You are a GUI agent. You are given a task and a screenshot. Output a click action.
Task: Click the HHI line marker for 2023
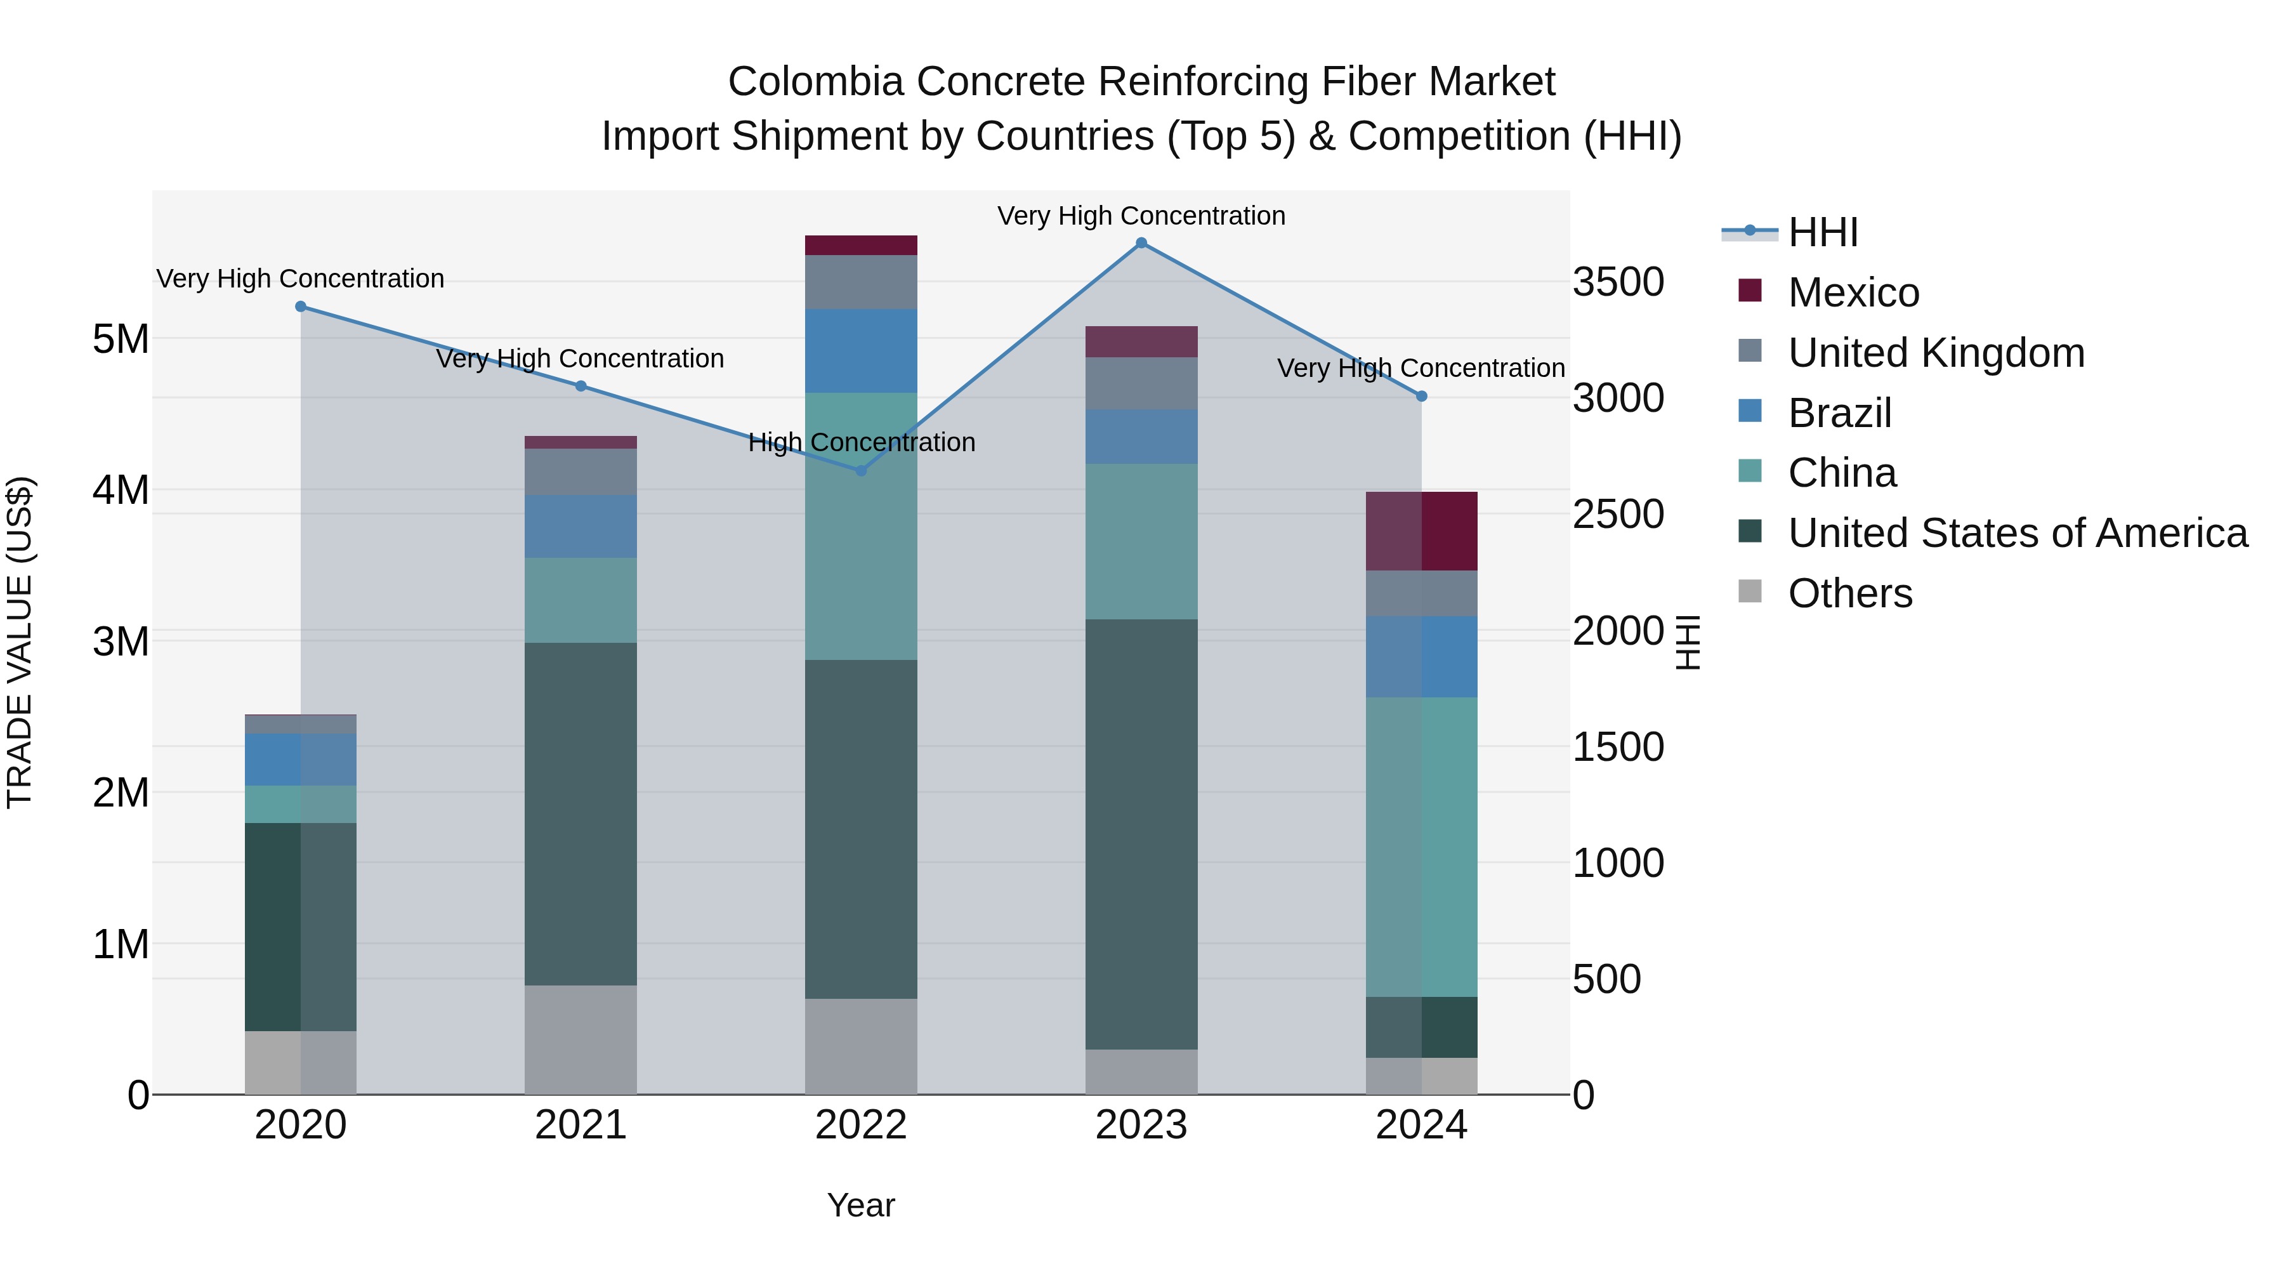point(1141,243)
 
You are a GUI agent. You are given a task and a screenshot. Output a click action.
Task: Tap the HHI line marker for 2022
point(860,471)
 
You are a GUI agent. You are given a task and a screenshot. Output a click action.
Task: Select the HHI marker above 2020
point(301,307)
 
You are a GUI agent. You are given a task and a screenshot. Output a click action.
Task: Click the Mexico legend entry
point(1853,293)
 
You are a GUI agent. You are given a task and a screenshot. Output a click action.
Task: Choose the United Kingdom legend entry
point(1936,353)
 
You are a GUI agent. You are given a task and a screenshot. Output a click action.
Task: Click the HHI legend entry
point(1822,232)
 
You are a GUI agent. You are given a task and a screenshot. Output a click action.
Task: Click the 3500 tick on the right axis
point(1617,282)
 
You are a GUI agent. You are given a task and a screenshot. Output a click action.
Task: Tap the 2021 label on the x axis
point(581,1125)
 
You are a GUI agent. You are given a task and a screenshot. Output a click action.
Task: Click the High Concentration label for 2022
point(861,442)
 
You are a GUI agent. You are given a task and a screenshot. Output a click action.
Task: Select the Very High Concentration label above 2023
point(1141,216)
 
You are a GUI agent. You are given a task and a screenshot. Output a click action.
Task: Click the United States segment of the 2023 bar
point(1141,834)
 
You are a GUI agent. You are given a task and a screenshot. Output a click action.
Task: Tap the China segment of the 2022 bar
point(860,526)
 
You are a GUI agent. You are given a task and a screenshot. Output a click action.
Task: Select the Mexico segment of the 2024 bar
point(1421,530)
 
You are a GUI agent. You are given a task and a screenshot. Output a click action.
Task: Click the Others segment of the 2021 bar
point(581,1039)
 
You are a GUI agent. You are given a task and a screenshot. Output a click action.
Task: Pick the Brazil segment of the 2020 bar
point(301,759)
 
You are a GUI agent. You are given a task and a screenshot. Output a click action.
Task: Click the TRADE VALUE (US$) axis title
point(20,642)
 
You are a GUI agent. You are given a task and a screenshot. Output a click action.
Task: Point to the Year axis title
point(860,1205)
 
